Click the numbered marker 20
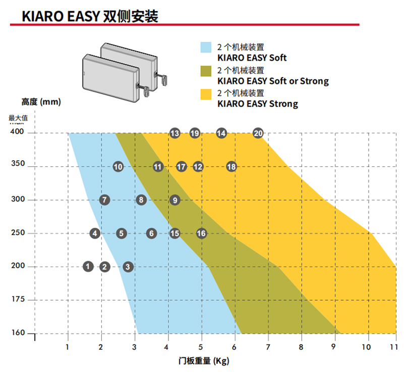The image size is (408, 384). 258,133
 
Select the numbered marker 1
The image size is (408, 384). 88,266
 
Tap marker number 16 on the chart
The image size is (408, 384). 201,233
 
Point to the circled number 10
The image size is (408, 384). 118,167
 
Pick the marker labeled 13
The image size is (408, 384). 175,133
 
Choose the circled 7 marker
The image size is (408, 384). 104,200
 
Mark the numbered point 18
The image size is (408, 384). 231,167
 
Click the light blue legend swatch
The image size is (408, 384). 206,47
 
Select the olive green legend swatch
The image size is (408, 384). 206,71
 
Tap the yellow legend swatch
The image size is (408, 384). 206,94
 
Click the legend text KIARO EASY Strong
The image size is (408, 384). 257,104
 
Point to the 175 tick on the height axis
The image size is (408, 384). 18,300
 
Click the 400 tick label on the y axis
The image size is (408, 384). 18,132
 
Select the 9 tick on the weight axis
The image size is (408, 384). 333,347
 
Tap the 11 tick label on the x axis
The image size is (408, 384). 393,347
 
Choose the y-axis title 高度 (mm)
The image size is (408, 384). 41,102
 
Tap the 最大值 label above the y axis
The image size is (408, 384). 18,118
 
